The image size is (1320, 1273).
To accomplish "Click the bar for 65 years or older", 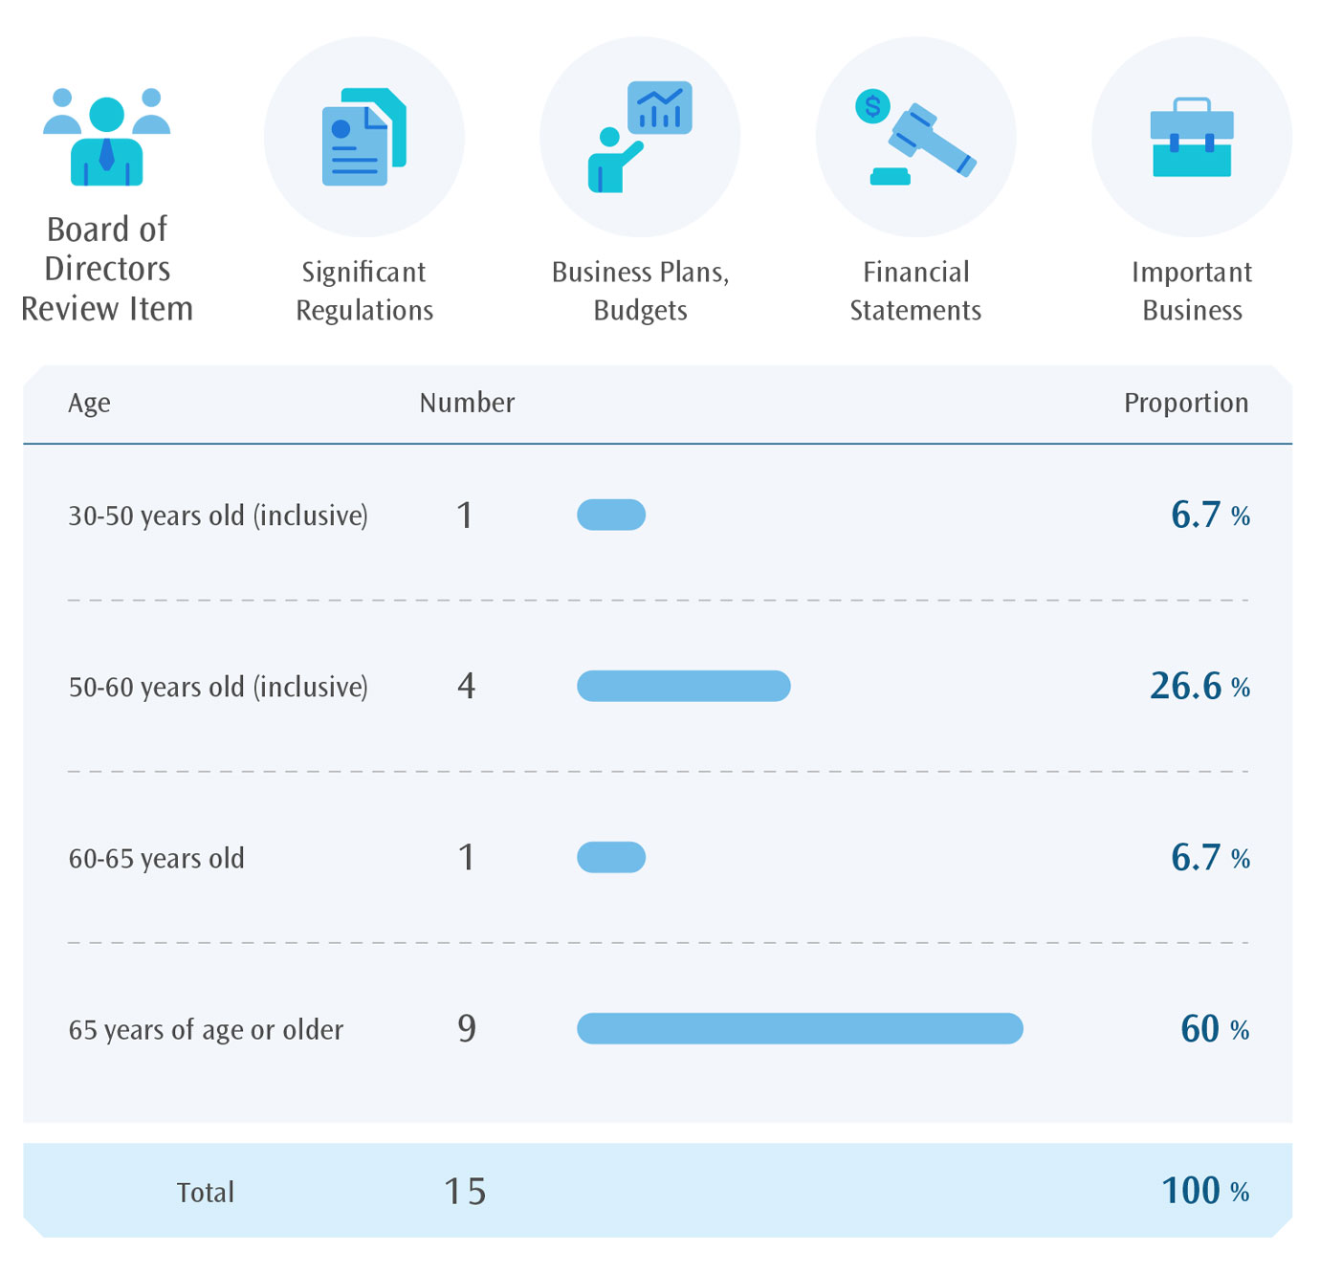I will pos(800,1028).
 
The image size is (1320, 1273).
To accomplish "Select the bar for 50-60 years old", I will pos(683,686).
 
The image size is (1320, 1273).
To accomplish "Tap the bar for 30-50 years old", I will pos(611,515).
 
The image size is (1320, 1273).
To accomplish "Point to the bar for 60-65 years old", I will pos(611,857).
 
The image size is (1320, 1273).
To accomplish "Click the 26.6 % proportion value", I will pos(1199,687).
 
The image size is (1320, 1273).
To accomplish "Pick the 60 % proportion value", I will pos(1214,1029).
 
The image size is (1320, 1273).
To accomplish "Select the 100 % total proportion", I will pos(1204,1191).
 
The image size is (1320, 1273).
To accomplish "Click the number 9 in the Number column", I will pos(466,1028).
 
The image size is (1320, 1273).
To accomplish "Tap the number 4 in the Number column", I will pos(466,686).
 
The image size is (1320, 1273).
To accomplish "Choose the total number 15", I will pos(466,1192).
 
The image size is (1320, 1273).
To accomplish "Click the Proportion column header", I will pos(1185,403).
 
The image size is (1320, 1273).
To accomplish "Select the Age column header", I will pos(89,404).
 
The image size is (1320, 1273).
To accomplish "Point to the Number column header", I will pos(467,403).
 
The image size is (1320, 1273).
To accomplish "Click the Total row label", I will pos(205,1193).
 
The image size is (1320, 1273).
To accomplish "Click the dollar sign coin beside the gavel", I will pos(872,106).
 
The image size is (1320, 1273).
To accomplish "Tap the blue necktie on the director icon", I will pos(106,154).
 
